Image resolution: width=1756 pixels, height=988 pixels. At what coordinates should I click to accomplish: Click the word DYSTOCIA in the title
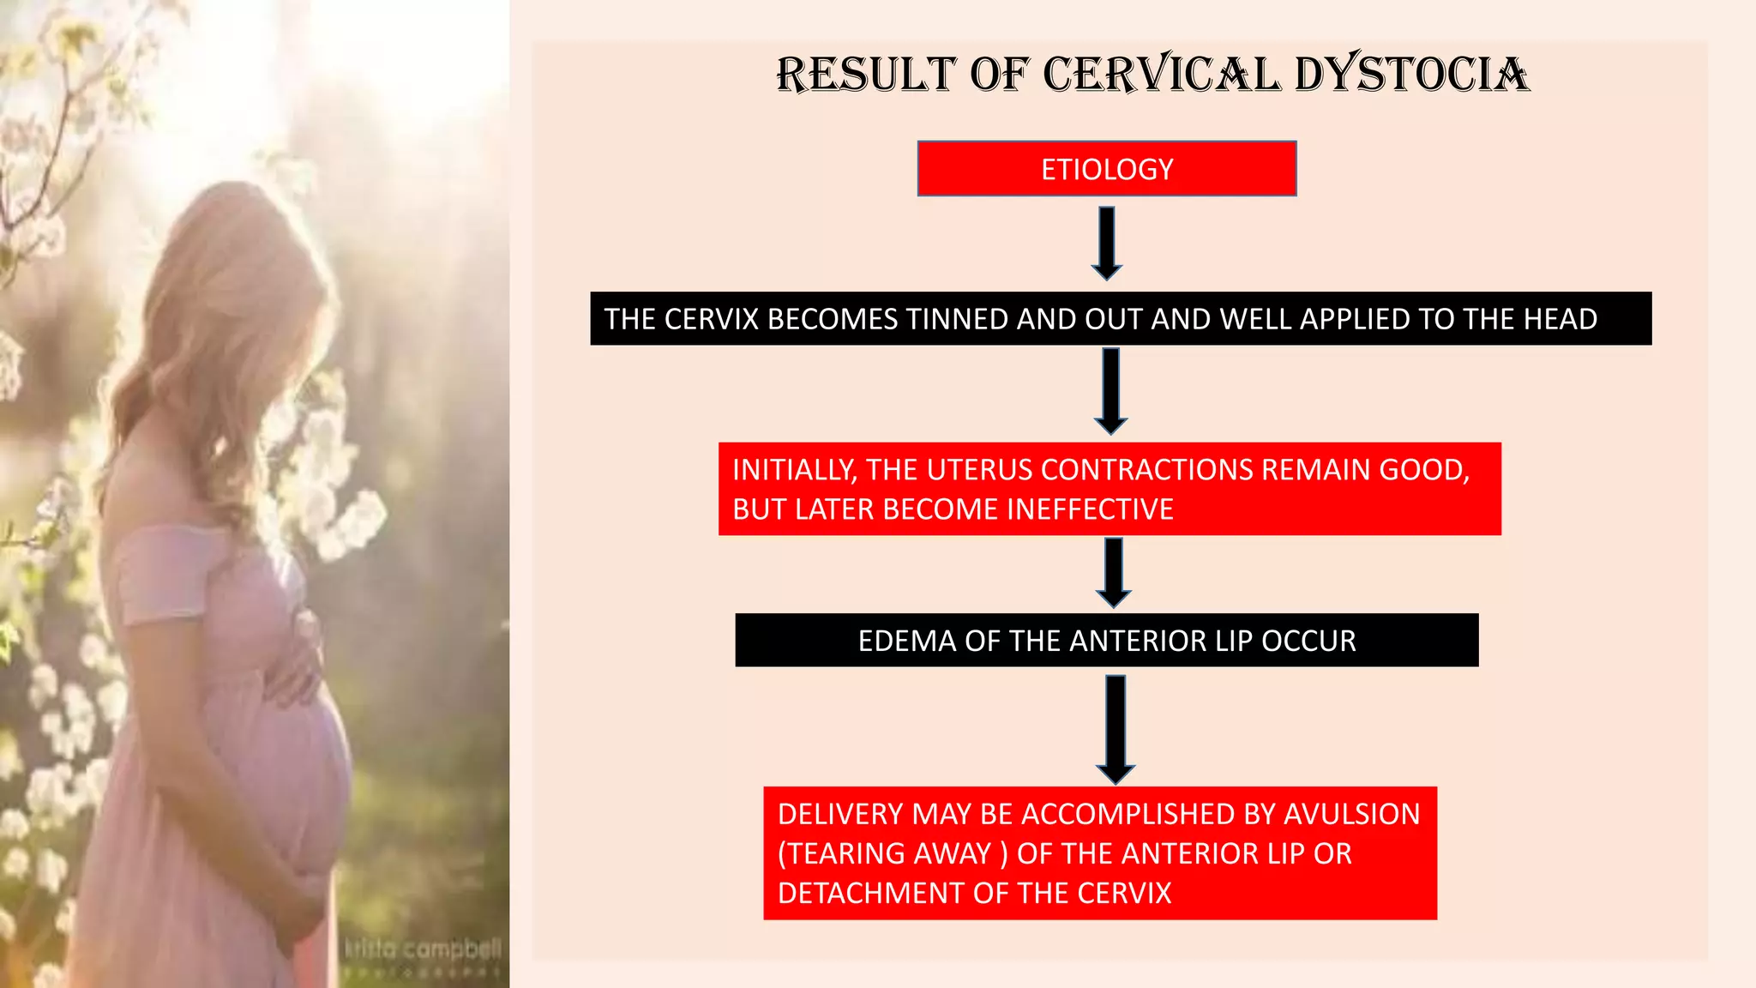pos(1411,75)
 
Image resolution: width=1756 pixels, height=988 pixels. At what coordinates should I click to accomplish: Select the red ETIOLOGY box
pos(1106,169)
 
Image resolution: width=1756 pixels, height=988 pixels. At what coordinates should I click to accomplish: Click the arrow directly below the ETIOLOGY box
pos(1107,243)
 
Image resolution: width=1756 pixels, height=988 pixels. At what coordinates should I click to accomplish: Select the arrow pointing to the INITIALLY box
pos(1110,391)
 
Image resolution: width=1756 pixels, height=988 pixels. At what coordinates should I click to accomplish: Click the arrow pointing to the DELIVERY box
pos(1116,729)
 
